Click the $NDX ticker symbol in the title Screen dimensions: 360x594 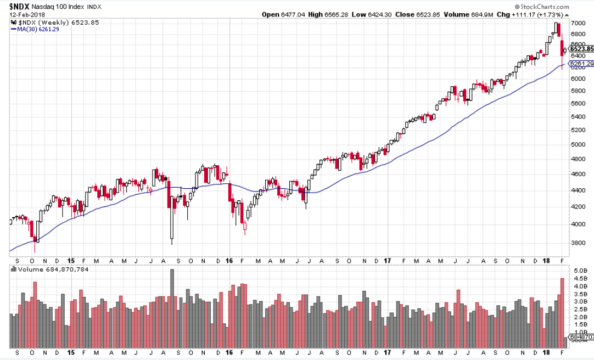point(20,6)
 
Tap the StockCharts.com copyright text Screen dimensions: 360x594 point(564,6)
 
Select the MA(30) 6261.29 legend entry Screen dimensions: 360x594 point(35,29)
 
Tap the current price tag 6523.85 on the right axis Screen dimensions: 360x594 point(581,49)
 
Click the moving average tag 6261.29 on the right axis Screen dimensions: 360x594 point(581,64)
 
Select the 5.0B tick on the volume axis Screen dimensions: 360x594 point(580,271)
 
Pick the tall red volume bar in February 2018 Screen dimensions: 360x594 point(562,313)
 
